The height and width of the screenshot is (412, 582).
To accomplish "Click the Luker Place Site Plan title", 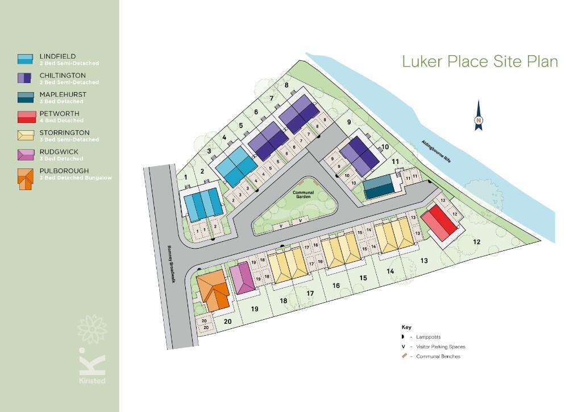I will point(480,61).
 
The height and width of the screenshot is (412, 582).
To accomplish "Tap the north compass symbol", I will point(479,116).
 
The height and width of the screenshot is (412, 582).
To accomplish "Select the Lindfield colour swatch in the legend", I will point(25,59).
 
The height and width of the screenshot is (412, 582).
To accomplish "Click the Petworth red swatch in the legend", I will point(25,117).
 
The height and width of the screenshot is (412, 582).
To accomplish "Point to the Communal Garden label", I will point(304,195).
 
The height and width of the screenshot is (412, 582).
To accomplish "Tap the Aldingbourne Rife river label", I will point(436,151).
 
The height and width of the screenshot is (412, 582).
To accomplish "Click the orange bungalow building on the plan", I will point(213,290).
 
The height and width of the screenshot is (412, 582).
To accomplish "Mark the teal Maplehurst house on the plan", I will point(379,187).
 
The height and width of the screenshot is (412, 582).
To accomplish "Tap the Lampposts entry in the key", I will point(429,337).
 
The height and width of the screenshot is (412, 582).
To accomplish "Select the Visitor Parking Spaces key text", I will point(440,347).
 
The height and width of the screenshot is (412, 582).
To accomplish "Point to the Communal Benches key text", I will point(438,356).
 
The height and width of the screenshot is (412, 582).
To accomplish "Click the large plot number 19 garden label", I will point(255,309).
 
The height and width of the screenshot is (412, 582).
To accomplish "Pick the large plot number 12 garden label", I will point(476,242).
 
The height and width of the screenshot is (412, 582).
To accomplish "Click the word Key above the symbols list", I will point(406,327).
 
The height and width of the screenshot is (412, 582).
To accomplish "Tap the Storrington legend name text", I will point(64,133).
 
